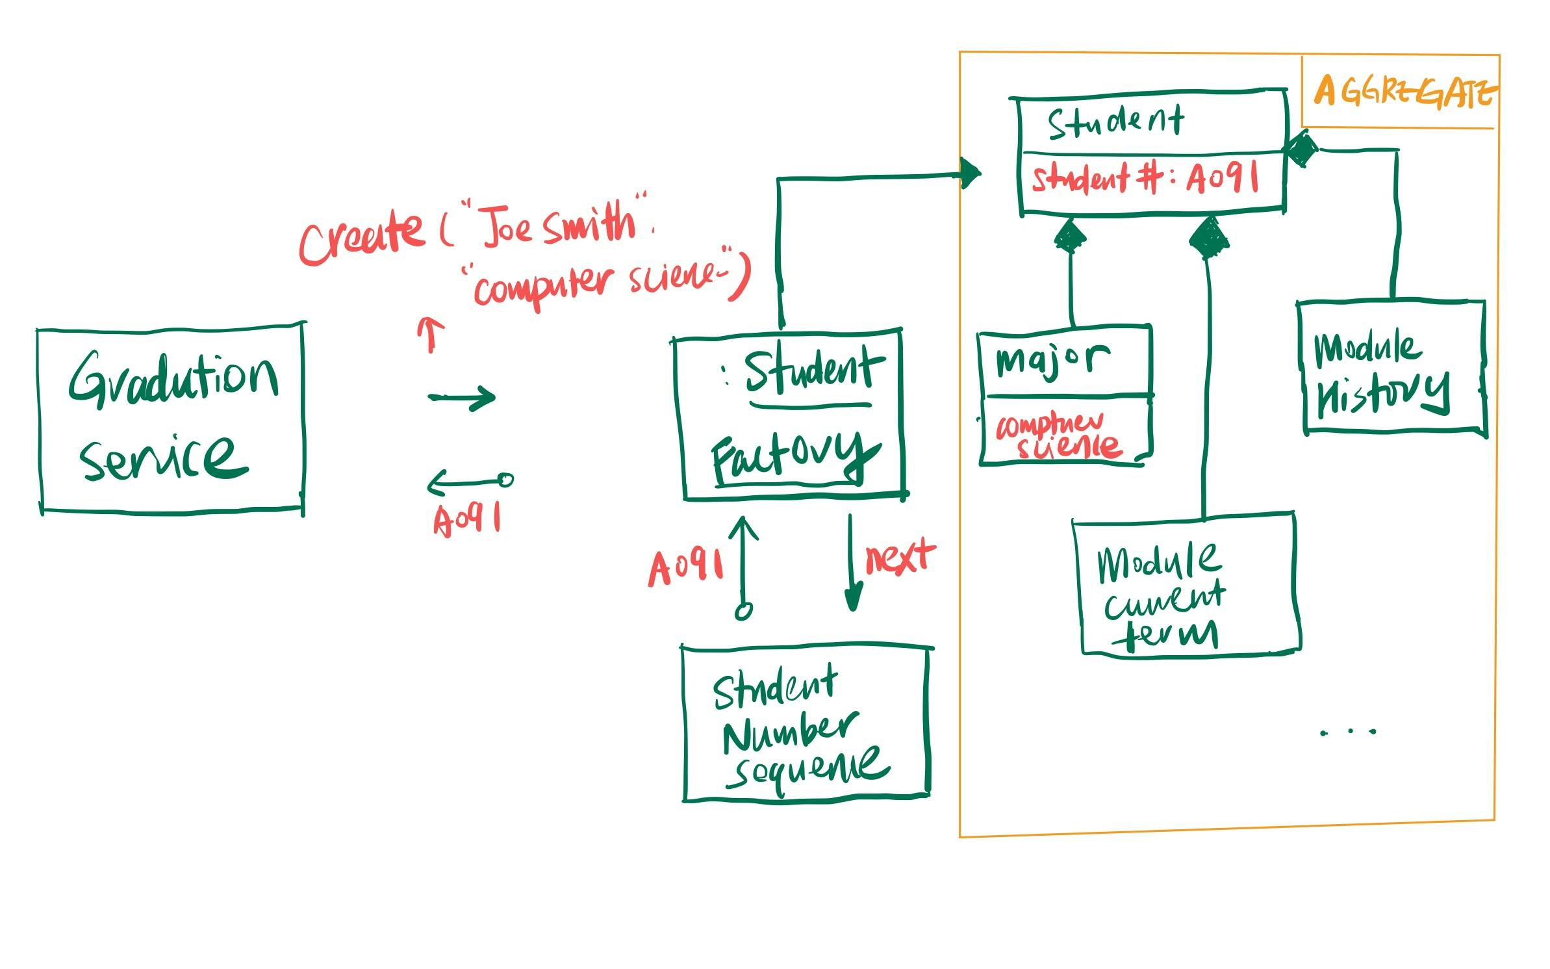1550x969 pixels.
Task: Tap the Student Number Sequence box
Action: [x=806, y=725]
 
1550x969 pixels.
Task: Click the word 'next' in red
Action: [x=900, y=558]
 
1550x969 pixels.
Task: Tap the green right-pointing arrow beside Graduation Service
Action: [x=462, y=397]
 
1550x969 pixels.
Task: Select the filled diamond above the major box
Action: [x=1070, y=237]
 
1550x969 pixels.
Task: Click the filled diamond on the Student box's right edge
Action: [x=1301, y=150]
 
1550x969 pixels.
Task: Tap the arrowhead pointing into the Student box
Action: [x=970, y=174]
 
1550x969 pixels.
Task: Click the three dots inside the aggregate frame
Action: [x=1349, y=732]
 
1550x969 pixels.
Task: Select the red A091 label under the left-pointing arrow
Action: [x=467, y=519]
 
